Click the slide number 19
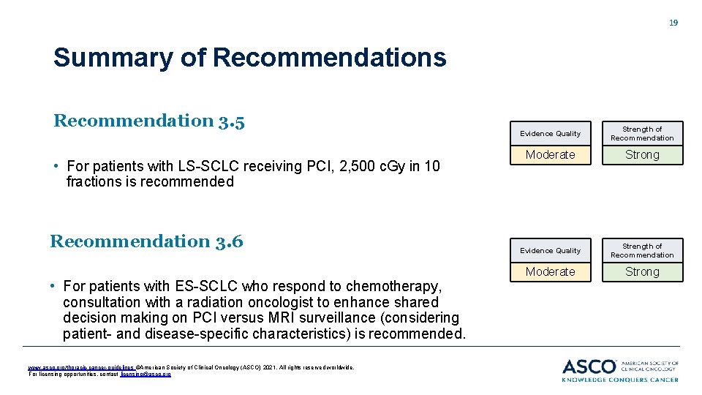coord(673,23)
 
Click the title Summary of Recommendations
coord(249,58)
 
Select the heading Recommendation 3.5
coord(148,121)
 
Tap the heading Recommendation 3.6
coord(146,241)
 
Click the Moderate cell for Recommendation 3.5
coord(550,155)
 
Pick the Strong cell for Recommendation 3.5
coord(642,155)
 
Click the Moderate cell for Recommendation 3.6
coord(550,272)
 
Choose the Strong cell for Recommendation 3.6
coord(642,272)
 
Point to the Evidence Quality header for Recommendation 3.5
coord(550,134)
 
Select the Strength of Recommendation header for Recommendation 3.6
coord(642,251)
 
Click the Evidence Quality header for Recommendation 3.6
coord(550,251)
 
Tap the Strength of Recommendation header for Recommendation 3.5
coord(642,134)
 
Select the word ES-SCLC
coord(201,286)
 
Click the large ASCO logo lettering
coord(589,366)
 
